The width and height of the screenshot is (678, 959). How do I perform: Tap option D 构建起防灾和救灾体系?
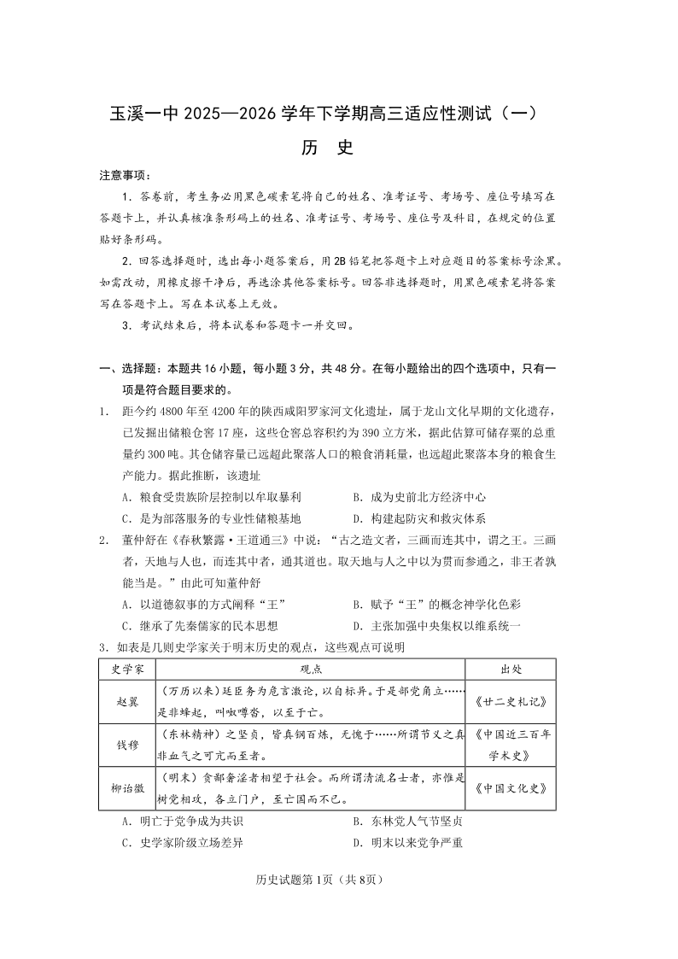418,518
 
